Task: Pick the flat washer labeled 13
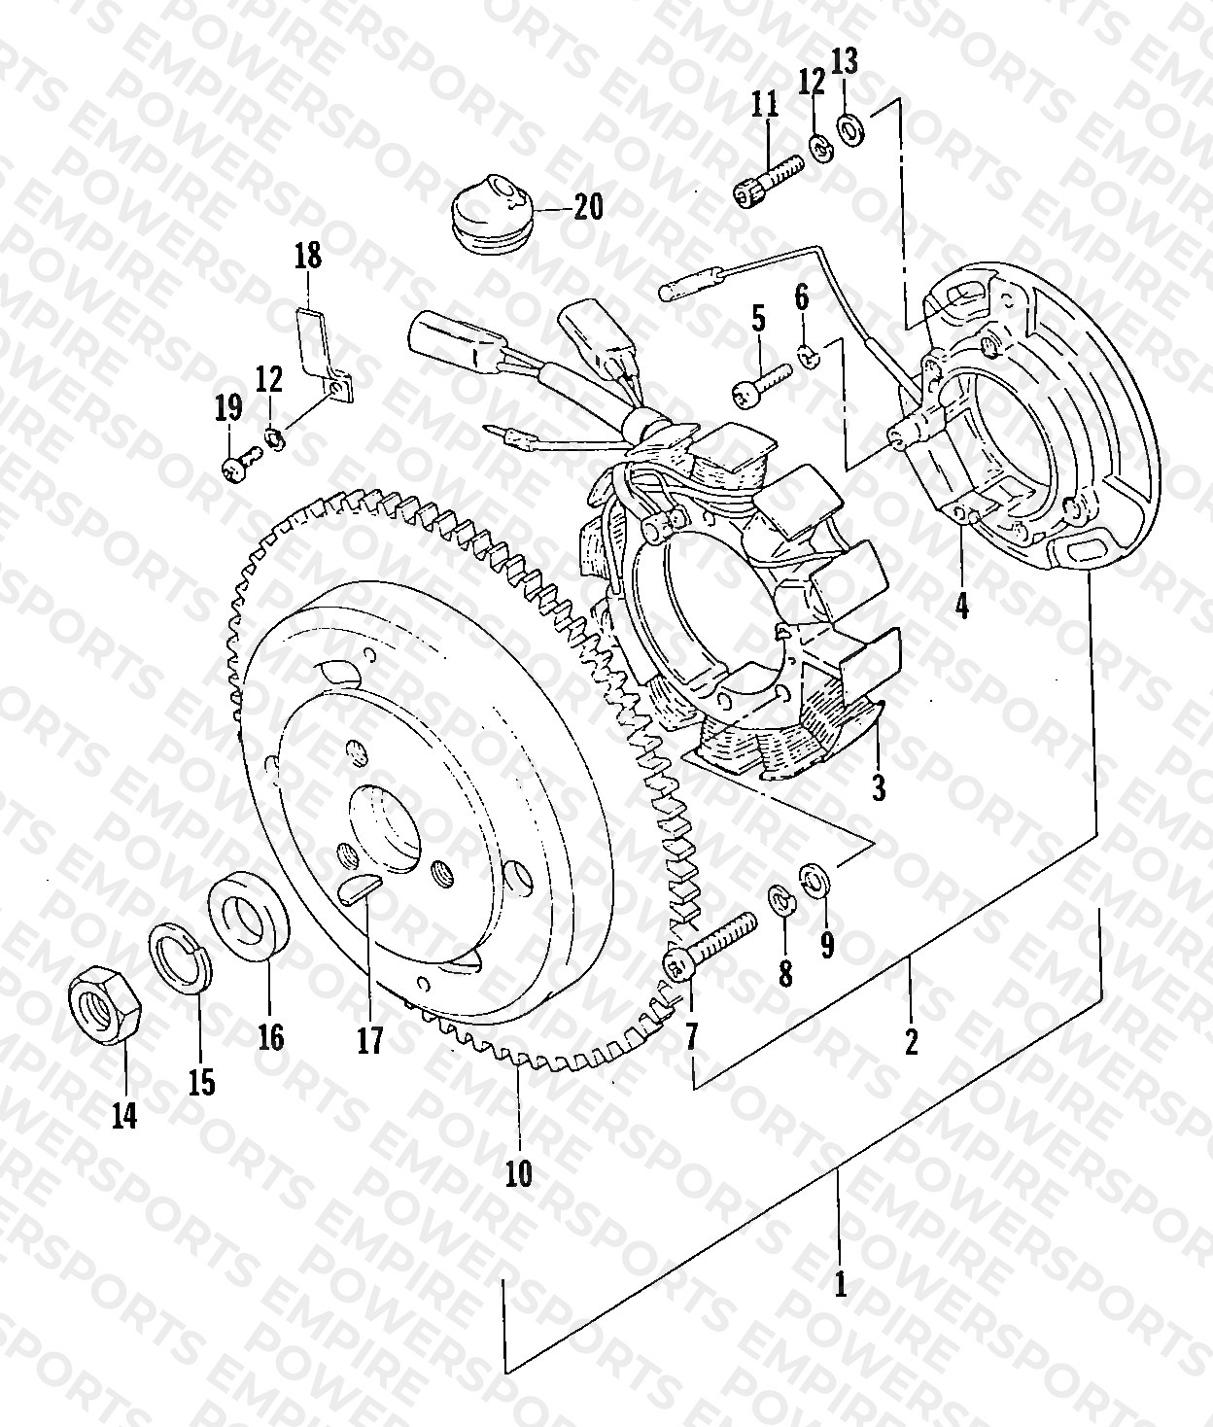(851, 127)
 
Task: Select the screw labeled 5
(759, 382)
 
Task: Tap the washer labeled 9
(815, 879)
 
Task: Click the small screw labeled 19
(242, 464)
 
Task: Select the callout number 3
(879, 787)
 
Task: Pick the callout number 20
(587, 206)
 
